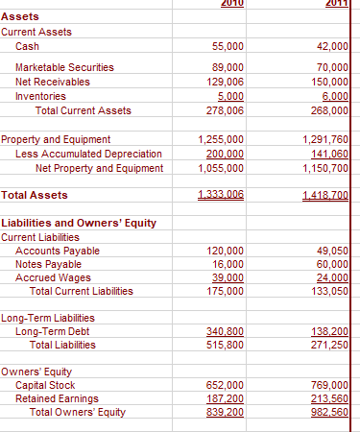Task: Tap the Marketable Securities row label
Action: coord(64,67)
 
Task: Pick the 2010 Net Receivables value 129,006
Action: coord(225,82)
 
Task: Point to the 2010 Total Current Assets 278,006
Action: coord(225,110)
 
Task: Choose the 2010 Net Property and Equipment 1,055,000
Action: coord(220,169)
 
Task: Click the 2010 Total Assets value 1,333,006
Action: coord(220,195)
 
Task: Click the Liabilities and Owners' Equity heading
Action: coord(79,223)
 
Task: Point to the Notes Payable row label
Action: coord(51,264)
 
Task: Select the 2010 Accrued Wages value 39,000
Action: coord(227,277)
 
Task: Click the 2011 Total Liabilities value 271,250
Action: coord(332,345)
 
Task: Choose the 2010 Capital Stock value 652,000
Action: coord(225,385)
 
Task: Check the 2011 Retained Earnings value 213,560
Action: coord(332,398)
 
